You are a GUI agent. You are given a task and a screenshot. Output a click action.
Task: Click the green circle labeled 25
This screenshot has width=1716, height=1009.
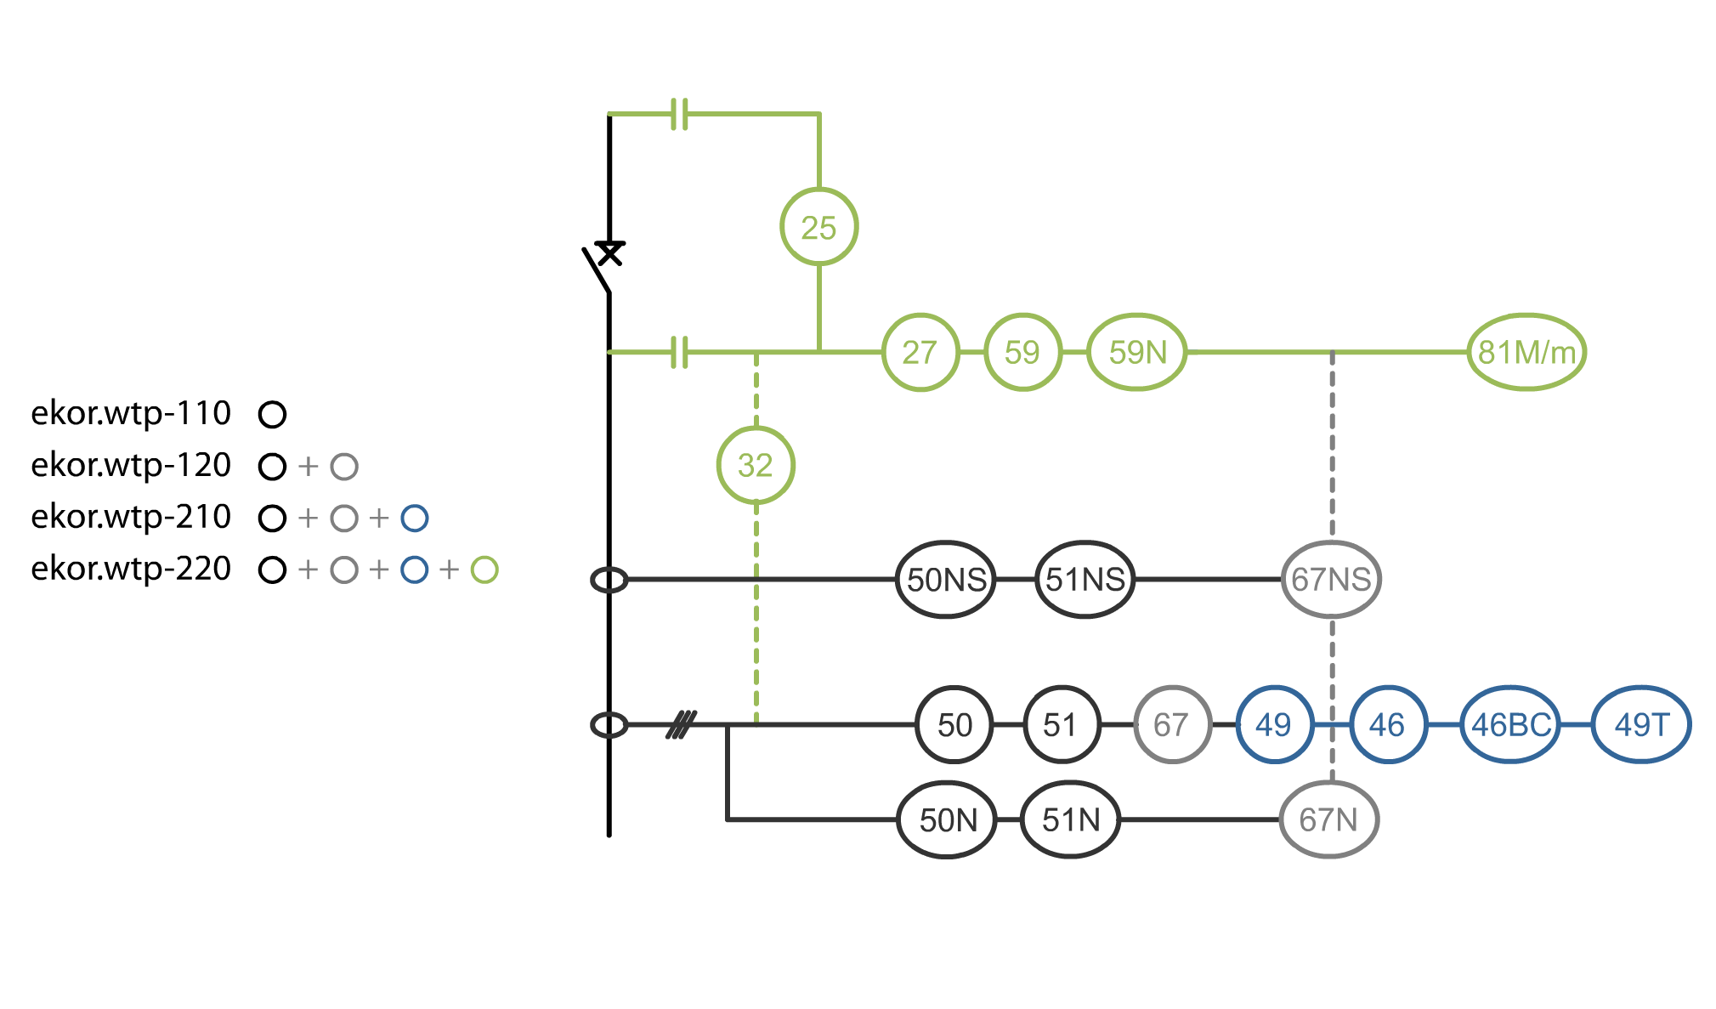click(x=818, y=227)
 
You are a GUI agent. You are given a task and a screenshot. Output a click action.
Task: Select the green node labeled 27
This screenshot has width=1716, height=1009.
click(x=920, y=352)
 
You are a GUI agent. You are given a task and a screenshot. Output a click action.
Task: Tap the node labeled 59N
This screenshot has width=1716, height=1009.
click(x=1137, y=352)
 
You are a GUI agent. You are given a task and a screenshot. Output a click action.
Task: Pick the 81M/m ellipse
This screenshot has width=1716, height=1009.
click(x=1526, y=352)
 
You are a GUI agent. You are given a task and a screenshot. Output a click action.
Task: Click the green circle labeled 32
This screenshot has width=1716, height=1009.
click(x=756, y=465)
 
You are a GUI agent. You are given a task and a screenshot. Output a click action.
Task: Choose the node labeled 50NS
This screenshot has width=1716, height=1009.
click(x=946, y=580)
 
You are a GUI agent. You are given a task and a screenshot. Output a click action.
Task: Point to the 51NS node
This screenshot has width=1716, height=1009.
click(x=1085, y=580)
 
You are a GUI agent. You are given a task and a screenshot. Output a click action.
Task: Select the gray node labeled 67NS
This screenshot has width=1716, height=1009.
click(x=1331, y=580)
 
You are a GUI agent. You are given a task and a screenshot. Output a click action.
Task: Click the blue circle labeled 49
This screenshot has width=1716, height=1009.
click(x=1273, y=725)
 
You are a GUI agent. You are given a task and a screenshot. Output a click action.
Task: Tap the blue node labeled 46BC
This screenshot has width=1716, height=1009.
click(x=1510, y=725)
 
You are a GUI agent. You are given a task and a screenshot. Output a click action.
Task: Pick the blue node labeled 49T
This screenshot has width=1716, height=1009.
click(x=1640, y=725)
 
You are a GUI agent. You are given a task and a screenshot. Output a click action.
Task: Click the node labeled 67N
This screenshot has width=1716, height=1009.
click(x=1328, y=820)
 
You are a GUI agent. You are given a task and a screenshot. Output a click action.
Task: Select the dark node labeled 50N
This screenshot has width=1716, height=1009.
click(x=947, y=820)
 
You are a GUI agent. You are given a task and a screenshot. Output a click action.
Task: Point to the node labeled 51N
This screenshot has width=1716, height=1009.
click(x=1070, y=820)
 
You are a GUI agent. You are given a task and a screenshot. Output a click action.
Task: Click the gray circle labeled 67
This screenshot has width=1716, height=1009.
click(x=1171, y=725)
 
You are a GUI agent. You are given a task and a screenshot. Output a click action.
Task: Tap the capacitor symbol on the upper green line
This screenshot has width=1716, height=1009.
click(x=679, y=114)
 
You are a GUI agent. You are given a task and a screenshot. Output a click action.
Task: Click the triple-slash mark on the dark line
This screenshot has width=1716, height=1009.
click(x=681, y=725)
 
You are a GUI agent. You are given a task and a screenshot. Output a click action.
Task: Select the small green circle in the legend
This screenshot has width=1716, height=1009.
click(x=484, y=570)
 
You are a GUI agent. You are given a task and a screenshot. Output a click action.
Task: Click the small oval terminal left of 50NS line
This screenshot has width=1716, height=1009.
click(x=609, y=581)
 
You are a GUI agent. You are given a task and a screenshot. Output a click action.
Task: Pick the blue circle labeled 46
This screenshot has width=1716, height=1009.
click(x=1387, y=725)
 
